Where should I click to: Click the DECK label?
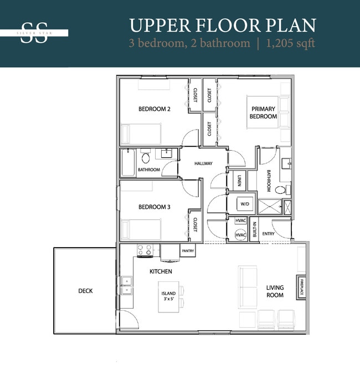(85, 290)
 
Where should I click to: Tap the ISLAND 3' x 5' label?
(168, 296)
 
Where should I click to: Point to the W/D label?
(244, 204)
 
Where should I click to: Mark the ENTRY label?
(268, 234)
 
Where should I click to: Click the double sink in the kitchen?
(126, 285)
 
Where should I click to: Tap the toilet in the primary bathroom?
(281, 189)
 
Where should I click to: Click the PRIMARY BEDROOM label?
(264, 112)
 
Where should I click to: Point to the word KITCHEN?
(161, 271)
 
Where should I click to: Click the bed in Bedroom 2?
(141, 133)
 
